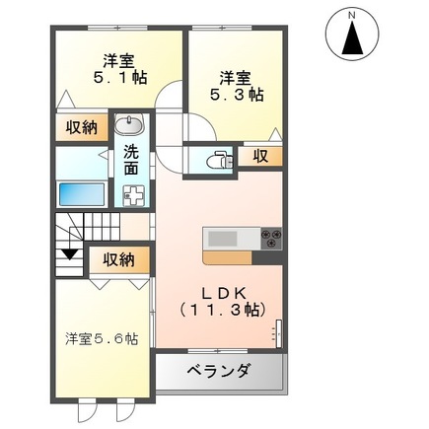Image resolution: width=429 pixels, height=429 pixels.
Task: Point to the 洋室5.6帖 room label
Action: coord(102,338)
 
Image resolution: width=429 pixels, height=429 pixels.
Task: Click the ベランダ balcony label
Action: coord(218,372)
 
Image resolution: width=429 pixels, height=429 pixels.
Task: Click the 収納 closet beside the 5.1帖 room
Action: coord(83,127)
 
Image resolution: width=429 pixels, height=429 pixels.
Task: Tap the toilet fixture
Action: coord(219,156)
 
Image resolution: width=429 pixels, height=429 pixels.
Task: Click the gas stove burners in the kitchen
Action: coord(270,238)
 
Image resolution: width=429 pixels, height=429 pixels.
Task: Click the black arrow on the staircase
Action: coord(69,259)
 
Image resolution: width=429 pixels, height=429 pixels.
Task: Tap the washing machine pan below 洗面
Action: coord(131,193)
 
